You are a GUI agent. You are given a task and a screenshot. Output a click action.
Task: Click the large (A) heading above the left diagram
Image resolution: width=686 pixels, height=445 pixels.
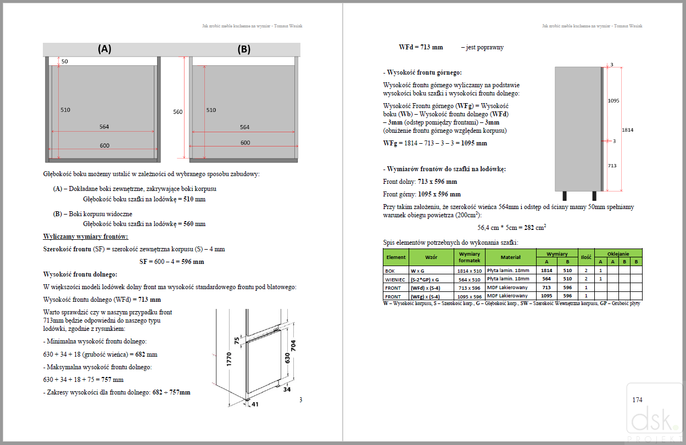click(x=104, y=49)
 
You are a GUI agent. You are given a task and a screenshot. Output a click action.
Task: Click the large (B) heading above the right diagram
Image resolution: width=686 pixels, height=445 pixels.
click(x=244, y=49)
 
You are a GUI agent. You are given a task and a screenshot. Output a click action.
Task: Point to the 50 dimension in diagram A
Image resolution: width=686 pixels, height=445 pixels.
click(x=65, y=61)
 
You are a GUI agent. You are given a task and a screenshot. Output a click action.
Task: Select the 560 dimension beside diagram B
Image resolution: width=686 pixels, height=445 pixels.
click(x=177, y=112)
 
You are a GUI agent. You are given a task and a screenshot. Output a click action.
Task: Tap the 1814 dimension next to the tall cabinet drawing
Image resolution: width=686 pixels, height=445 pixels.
click(x=629, y=130)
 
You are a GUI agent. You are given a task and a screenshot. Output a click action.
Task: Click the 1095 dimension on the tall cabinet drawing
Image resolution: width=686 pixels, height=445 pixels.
click(x=614, y=101)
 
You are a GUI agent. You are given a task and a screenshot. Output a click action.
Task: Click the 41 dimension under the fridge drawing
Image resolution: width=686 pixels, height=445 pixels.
click(x=254, y=404)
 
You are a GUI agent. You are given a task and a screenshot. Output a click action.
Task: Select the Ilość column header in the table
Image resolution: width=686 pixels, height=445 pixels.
click(x=586, y=257)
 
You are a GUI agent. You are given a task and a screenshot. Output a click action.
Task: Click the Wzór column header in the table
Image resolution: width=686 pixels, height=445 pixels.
click(x=431, y=257)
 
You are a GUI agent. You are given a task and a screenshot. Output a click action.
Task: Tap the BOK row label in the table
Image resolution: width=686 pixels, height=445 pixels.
click(x=391, y=271)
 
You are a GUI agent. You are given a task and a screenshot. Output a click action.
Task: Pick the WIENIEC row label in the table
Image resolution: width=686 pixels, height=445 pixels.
click(x=395, y=279)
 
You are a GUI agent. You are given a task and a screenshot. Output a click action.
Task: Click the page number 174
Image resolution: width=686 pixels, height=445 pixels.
click(x=637, y=400)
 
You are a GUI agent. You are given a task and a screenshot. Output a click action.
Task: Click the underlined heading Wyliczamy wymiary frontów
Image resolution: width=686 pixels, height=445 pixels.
click(x=86, y=236)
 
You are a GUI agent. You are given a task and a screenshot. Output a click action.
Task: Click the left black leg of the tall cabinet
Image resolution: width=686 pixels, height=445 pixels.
click(x=565, y=196)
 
